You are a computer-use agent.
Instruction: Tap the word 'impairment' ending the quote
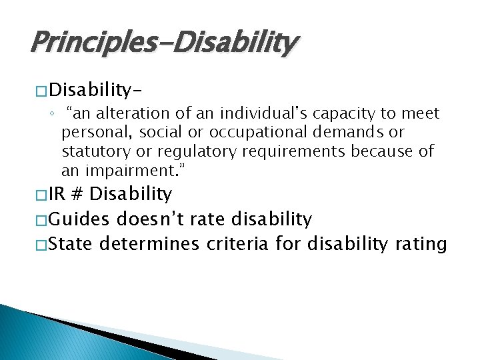click(x=135, y=170)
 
